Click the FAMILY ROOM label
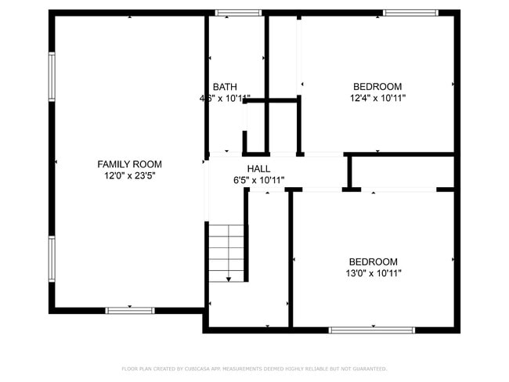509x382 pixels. click(x=129, y=164)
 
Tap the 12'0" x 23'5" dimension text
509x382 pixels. click(x=129, y=176)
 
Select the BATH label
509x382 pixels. click(x=225, y=87)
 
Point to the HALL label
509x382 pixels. click(x=258, y=169)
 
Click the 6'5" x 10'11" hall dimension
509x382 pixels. click(x=258, y=180)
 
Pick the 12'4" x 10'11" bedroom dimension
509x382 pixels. click(x=377, y=99)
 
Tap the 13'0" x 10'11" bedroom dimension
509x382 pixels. click(x=373, y=273)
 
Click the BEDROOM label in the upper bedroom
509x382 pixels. click(x=377, y=87)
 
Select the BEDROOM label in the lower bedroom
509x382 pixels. click(x=373, y=261)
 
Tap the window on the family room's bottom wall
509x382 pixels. click(x=130, y=311)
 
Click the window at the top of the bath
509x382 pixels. click(x=239, y=13)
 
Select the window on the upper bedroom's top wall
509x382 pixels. click(x=410, y=13)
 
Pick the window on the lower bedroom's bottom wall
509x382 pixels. click(x=371, y=330)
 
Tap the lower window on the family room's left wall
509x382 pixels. click(x=52, y=259)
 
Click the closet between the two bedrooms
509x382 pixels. click(x=401, y=171)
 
